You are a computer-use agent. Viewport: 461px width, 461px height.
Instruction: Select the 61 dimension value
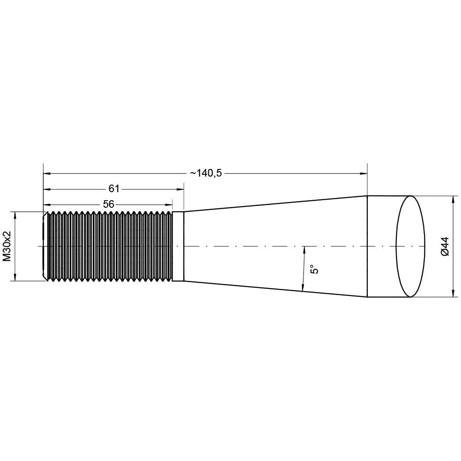(x=114, y=189)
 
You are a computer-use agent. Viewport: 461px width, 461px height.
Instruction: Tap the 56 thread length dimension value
(x=108, y=204)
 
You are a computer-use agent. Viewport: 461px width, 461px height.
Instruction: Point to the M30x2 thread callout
(x=7, y=246)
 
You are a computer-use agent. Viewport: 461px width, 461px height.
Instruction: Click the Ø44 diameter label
(x=445, y=246)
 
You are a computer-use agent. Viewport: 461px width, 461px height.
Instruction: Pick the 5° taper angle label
(x=314, y=269)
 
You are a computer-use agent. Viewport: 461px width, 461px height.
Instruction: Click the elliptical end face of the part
(x=411, y=246)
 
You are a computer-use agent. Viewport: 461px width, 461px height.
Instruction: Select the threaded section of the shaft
(x=109, y=246)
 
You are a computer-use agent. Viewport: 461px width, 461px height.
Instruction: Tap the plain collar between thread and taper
(x=178, y=246)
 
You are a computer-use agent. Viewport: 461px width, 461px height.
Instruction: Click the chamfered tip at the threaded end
(x=45, y=246)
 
